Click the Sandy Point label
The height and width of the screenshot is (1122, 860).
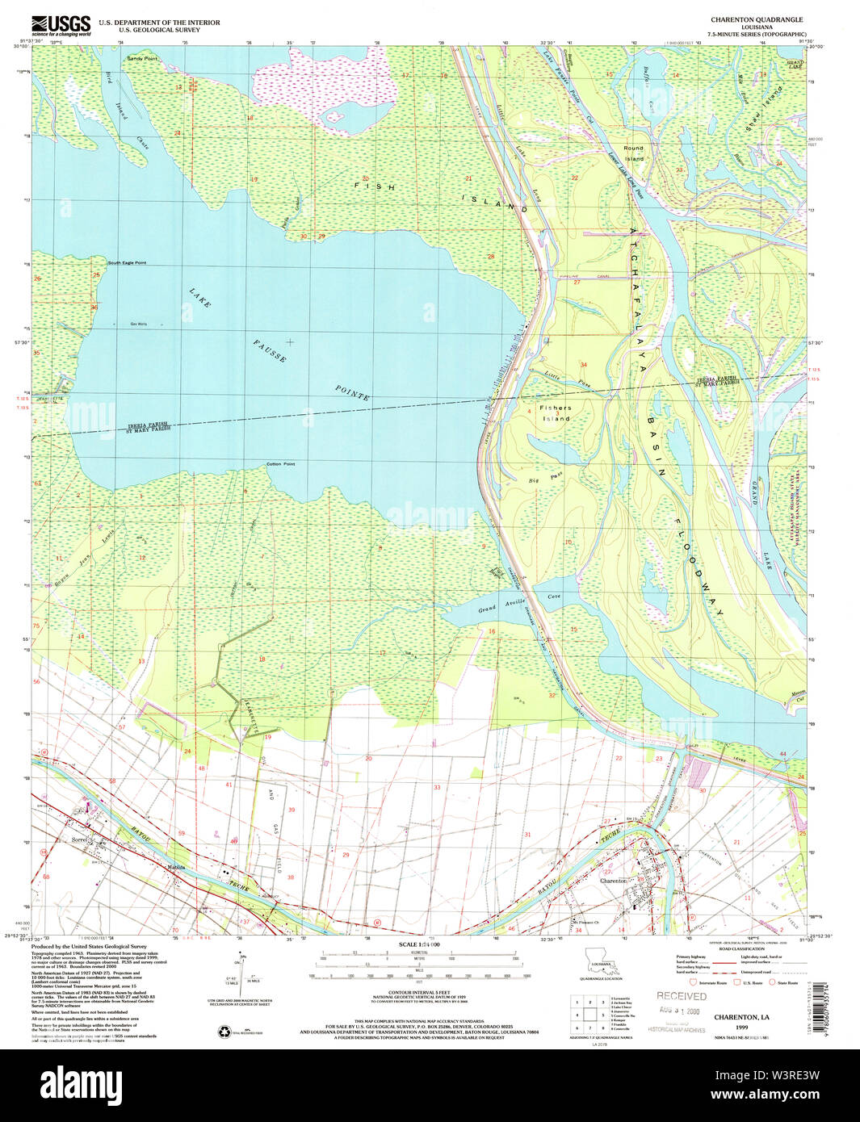coord(142,59)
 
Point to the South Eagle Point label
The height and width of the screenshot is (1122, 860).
coord(128,263)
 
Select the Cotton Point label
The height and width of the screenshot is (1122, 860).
coord(281,464)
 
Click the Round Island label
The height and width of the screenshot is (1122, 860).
coord(634,153)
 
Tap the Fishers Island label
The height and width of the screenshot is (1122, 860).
coord(556,413)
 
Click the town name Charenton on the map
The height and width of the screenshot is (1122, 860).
coord(614,881)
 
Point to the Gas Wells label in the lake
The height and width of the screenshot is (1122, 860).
coord(139,324)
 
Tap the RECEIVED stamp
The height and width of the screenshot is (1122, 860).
coord(681,996)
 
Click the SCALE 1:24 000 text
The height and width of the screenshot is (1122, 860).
coord(418,944)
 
